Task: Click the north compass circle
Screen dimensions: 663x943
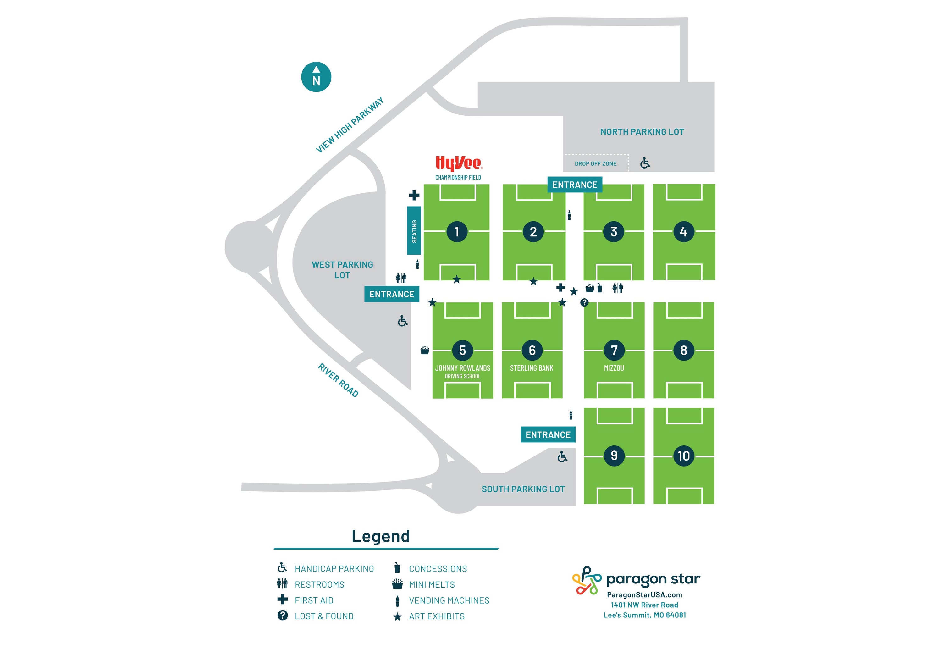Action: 316,77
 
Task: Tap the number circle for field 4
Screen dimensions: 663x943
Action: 683,232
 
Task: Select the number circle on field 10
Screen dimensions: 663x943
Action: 683,456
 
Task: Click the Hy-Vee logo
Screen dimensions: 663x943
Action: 458,163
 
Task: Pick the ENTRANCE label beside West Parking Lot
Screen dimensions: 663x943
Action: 391,294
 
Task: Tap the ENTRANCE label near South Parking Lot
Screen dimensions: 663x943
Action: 548,434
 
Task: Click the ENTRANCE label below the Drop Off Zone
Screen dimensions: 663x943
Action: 575,185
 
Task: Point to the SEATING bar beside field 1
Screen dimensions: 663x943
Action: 414,231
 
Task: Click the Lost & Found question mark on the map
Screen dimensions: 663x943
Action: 584,303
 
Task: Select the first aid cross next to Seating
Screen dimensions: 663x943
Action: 414,195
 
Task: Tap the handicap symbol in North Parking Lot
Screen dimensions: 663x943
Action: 645,163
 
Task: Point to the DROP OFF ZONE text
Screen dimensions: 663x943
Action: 596,164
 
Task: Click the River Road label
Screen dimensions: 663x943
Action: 338,380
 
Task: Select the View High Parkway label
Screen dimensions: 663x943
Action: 350,125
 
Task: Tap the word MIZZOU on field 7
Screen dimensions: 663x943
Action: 614,368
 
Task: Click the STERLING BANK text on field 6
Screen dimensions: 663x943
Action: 532,368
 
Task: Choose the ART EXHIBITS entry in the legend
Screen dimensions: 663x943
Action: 437,616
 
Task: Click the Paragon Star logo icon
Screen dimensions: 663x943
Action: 587,580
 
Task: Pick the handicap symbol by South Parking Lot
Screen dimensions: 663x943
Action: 562,457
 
